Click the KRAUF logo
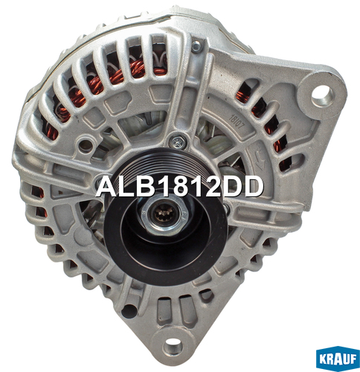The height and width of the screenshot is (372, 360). [338, 359]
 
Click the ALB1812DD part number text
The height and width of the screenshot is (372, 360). [179, 187]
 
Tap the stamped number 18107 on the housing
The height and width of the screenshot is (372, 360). [237, 121]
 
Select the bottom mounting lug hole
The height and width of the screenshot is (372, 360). [173, 346]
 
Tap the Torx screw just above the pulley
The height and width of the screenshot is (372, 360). [178, 142]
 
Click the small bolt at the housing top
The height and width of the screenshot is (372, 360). [196, 46]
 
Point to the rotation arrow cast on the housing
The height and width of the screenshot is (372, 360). [259, 157]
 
